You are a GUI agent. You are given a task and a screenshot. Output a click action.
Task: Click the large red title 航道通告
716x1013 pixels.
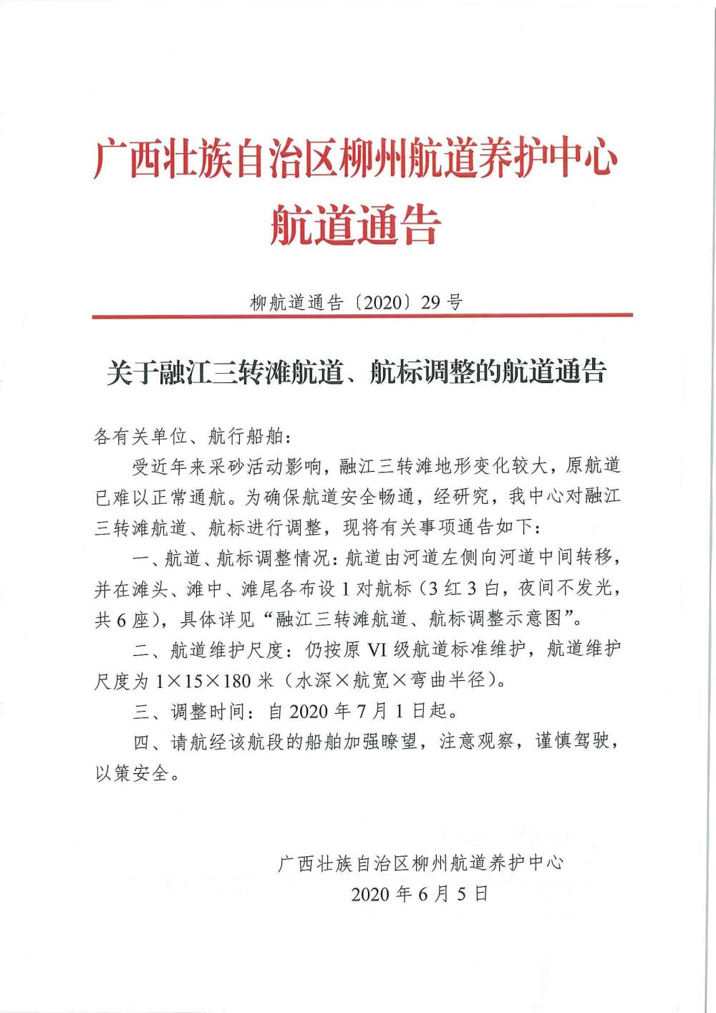pos(355,223)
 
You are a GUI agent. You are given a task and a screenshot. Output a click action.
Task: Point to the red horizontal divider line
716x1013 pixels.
pos(362,316)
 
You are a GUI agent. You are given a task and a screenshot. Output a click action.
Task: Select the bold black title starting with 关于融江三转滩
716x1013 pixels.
pos(357,372)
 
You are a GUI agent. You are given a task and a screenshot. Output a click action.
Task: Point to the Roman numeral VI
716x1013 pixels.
pos(377,650)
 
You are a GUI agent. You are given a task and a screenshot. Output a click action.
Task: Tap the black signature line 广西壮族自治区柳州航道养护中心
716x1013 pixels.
pos(420,863)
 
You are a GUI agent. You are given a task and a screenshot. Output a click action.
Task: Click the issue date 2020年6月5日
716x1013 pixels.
pos(420,894)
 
